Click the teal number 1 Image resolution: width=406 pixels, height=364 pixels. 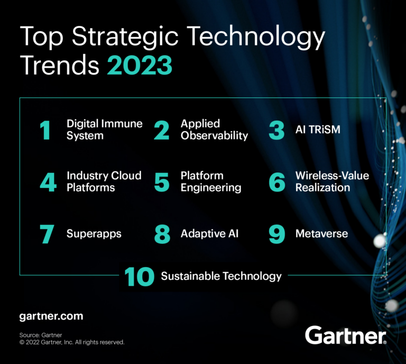coord(46,130)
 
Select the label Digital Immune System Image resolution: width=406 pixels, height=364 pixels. coord(104,130)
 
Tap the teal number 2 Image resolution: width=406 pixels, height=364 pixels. coord(161,130)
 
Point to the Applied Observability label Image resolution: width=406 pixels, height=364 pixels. coord(214,130)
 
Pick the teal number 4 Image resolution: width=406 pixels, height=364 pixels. coord(48,182)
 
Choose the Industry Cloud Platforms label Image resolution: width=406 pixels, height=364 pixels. coord(104,181)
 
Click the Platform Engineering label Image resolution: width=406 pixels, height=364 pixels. coord(210,181)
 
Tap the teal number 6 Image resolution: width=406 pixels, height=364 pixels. coord(276,182)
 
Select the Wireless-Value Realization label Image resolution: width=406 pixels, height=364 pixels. coord(332,181)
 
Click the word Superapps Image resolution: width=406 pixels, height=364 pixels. coord(94,233)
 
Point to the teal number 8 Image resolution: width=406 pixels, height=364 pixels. coord(162,234)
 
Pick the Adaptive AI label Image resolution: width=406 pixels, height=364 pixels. coord(209,233)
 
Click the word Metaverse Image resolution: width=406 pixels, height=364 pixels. coord(321,233)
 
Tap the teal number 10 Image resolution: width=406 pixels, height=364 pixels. coord(140,276)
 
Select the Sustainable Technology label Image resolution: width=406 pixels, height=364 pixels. coord(221,276)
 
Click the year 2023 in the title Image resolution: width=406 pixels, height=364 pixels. coord(140,67)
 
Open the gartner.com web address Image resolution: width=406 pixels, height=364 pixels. coord(51,316)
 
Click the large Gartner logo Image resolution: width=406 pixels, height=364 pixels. coord(345,335)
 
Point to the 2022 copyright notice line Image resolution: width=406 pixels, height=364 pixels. coord(72,342)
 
